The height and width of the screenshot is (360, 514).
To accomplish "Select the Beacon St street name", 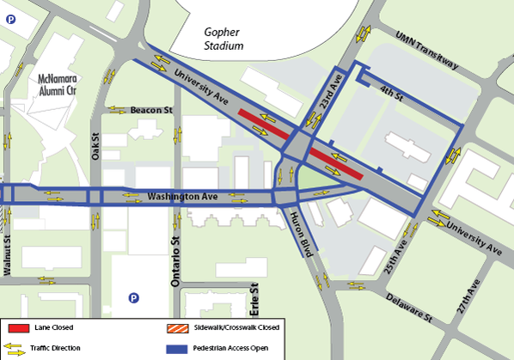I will point(151,110).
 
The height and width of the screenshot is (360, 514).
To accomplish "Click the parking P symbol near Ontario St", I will point(133,298).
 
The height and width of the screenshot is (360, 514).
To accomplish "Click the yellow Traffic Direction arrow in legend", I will point(18,349).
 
